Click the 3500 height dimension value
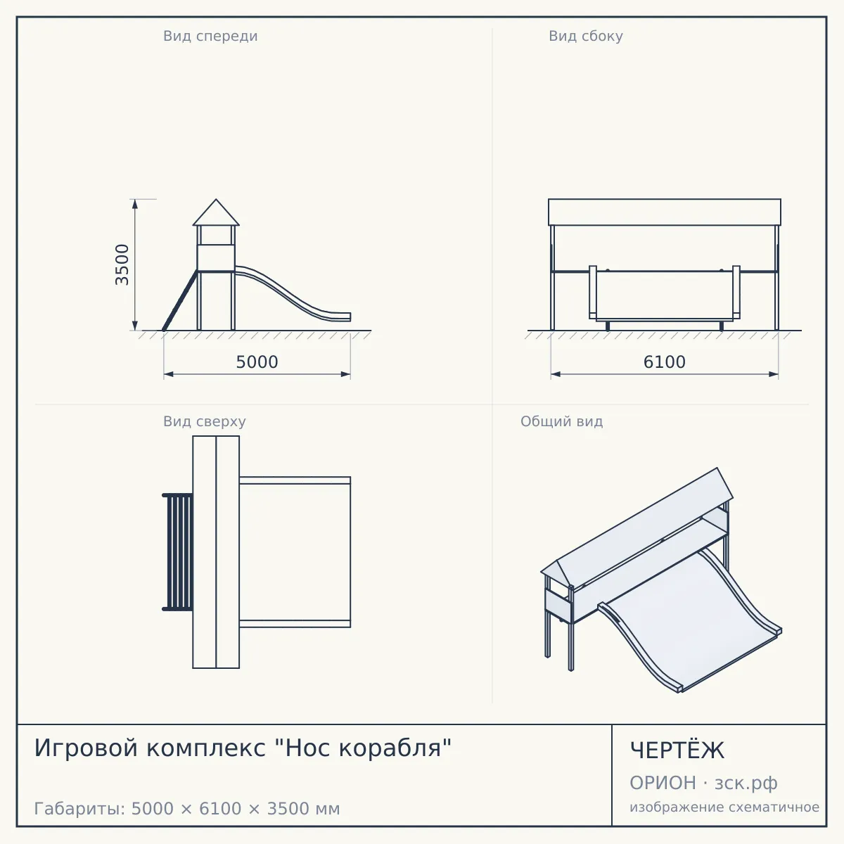122,265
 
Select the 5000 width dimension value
257,362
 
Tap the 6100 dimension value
665,362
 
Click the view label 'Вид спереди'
210,36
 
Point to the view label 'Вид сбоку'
586,36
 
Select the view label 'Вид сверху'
205,421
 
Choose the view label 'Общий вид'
561,421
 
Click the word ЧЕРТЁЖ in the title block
677,750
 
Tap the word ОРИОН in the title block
663,783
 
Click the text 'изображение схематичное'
724,807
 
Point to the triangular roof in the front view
216,213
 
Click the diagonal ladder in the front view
180,301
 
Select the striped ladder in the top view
177,552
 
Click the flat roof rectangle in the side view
665,212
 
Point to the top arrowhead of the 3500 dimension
135,204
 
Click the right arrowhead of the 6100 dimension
774,374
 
